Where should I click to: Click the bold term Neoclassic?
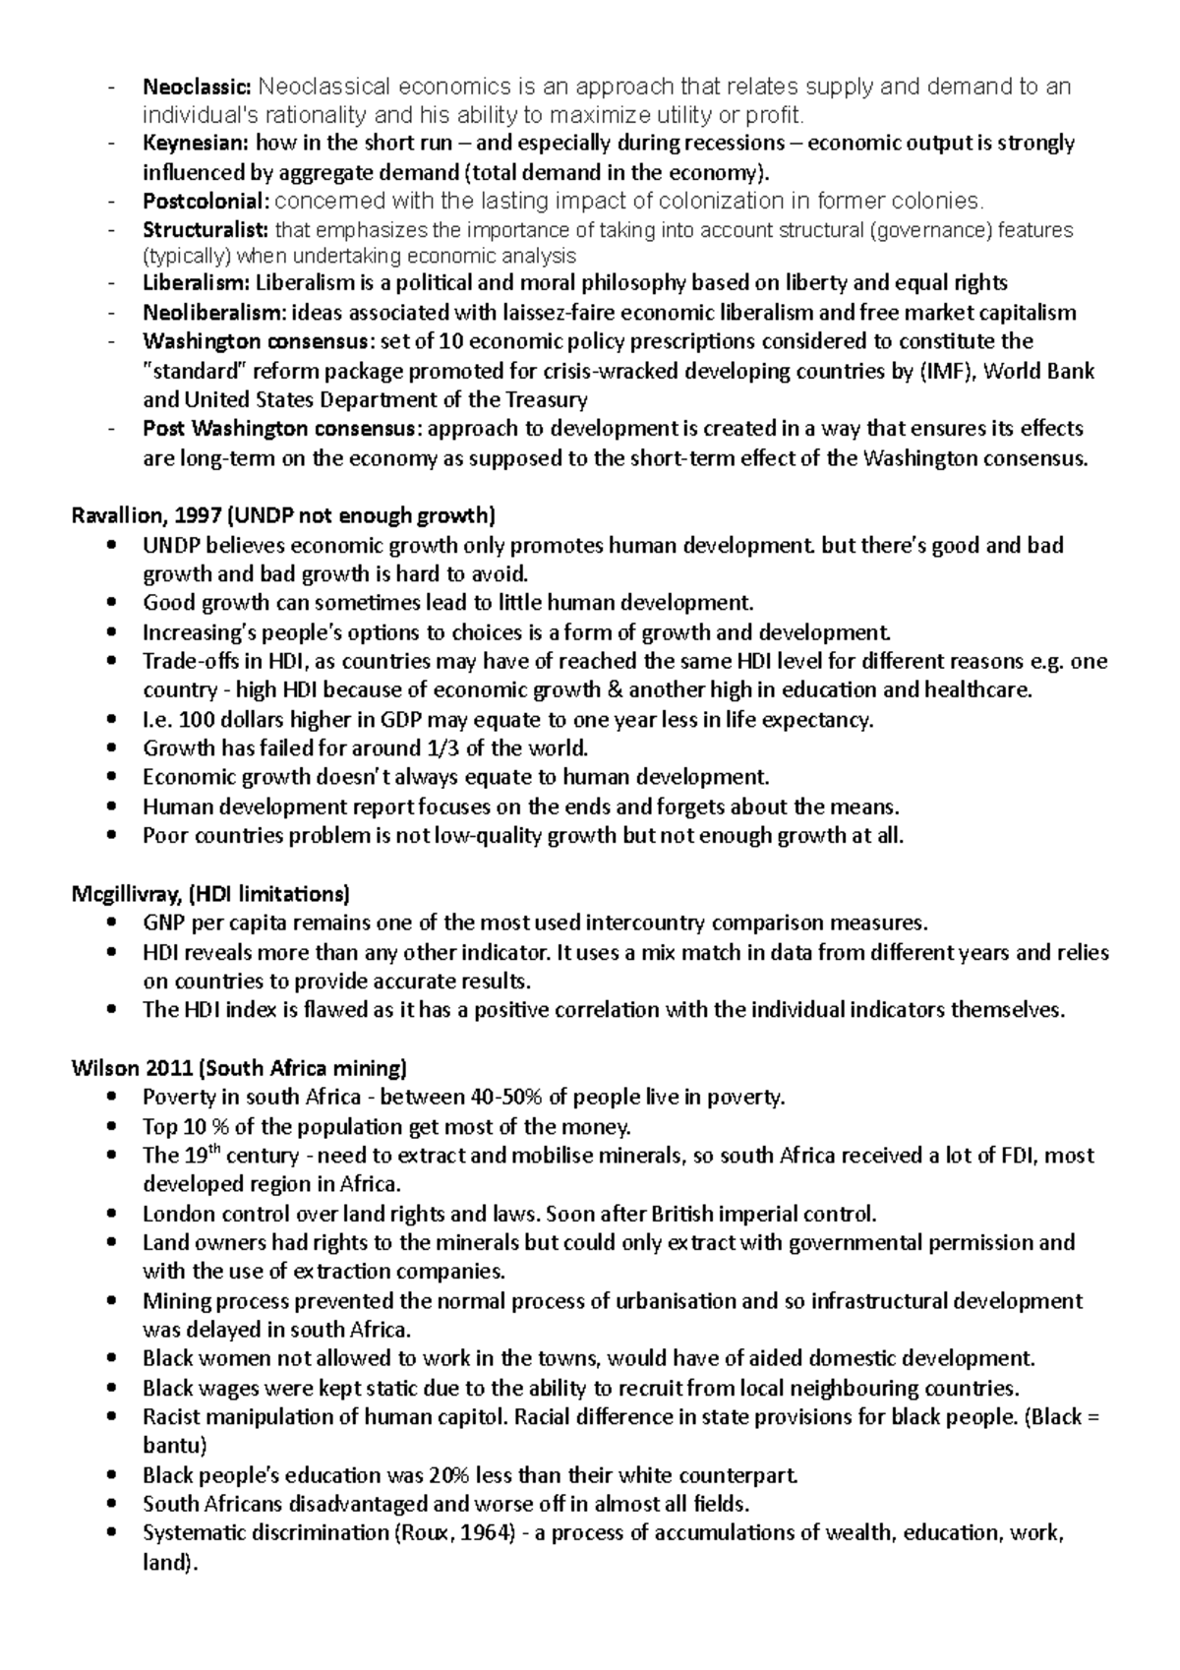coord(197,87)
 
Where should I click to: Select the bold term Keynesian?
coord(195,144)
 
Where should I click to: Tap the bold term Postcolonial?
coord(205,202)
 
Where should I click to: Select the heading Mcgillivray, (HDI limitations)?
coord(210,894)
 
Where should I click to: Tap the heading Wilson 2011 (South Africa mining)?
coord(239,1067)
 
